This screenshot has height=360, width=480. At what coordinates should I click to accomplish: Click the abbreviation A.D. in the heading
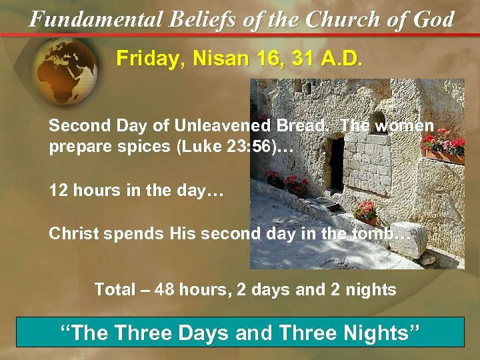coord(337,59)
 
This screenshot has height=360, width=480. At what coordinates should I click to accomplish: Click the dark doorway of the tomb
coord(337,164)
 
